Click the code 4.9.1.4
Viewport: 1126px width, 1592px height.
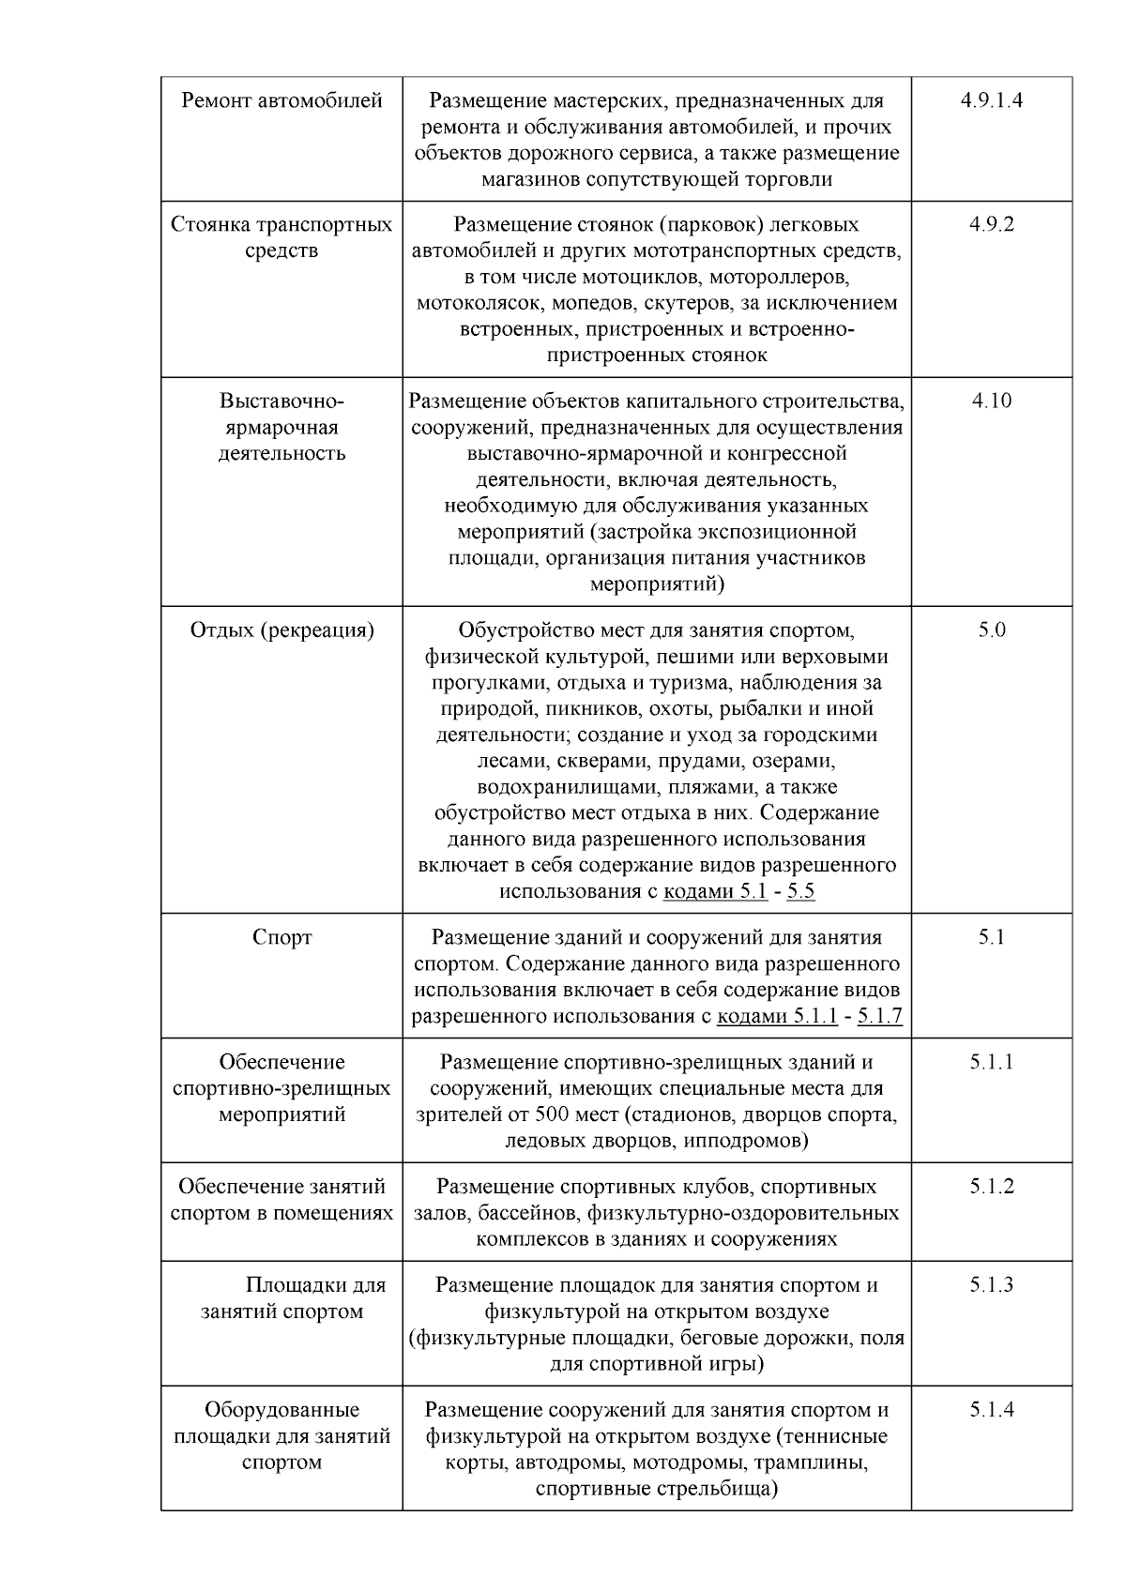991,100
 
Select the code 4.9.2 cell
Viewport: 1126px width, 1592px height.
991,224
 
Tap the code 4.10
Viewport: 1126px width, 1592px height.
991,401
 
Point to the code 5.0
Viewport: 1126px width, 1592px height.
991,629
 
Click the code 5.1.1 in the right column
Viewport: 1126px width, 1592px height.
991,1062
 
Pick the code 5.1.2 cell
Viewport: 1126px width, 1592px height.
991,1187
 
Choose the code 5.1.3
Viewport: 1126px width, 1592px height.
991,1285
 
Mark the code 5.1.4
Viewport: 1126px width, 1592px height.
991,1410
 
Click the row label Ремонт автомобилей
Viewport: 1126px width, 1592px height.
281,100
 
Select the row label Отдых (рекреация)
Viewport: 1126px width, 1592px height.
281,629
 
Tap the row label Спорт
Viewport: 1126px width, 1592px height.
281,937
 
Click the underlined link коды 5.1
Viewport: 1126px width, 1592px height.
715,891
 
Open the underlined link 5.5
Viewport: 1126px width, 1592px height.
800,891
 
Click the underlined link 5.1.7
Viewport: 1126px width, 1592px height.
879,1016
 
